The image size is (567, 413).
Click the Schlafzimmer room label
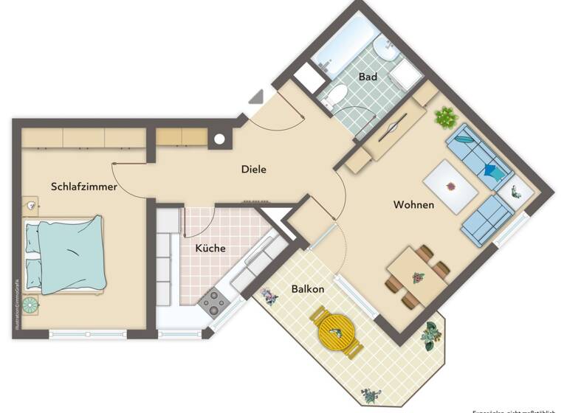pos(83,187)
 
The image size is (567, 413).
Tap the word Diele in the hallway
pos(253,170)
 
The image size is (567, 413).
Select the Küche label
pos(210,249)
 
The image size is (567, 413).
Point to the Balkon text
pos(307,289)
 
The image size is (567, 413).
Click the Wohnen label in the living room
pos(413,204)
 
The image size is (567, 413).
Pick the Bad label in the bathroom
pos(368,77)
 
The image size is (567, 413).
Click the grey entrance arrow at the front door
pos(256,97)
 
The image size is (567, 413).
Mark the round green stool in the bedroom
pos(30,304)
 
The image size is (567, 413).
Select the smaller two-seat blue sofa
pos(487,219)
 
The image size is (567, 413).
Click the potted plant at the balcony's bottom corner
pos(368,395)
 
